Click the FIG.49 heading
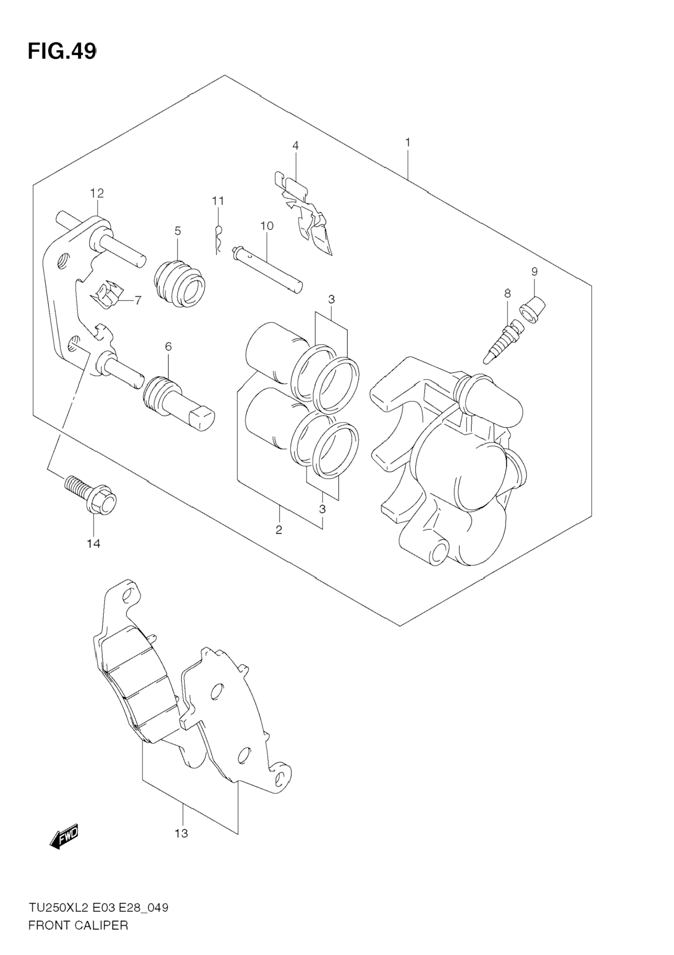62,52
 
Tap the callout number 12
97,193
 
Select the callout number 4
296,146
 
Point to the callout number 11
218,201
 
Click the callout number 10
267,226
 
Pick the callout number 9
534,272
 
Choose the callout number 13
182,834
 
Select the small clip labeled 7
108,294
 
